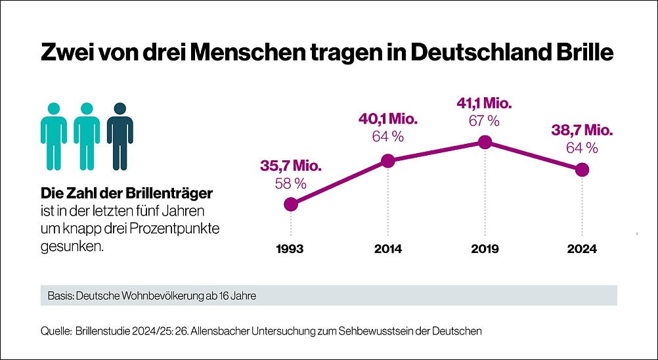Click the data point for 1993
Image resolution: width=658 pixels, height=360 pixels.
(x=291, y=204)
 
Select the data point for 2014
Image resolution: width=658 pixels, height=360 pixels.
(x=388, y=160)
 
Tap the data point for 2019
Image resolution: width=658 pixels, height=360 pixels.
(x=485, y=142)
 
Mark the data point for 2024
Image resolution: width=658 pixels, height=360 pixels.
(x=582, y=170)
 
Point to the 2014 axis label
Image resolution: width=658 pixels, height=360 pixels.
(x=388, y=249)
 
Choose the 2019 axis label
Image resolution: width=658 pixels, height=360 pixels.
(x=485, y=249)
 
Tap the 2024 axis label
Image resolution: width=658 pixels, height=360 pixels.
(x=582, y=249)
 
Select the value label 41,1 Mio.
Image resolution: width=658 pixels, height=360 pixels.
(x=485, y=104)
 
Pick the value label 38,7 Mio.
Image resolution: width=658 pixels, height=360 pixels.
(x=582, y=131)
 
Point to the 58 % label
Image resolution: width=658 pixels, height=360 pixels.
(x=291, y=184)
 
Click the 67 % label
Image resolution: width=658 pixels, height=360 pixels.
(x=485, y=121)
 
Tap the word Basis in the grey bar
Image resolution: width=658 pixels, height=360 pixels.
(x=60, y=296)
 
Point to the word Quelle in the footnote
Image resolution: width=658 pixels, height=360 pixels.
(x=55, y=331)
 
